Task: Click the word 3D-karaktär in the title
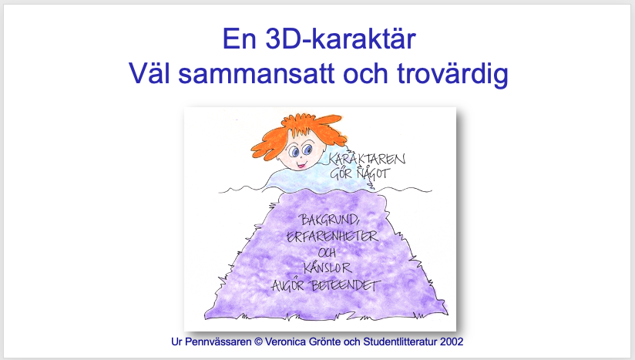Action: coord(341,39)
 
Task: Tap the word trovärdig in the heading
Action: coord(452,74)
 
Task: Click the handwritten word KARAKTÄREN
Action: coord(367,158)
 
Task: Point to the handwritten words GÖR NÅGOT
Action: coord(360,174)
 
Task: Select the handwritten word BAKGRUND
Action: coord(329,220)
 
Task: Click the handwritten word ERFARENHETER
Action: coord(332,236)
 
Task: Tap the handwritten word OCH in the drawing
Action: coord(327,253)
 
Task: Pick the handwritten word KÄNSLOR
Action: coord(328,267)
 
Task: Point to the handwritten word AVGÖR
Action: coord(287,285)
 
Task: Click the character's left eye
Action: coord(294,152)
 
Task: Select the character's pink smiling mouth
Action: coord(301,164)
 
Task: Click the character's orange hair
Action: coord(296,130)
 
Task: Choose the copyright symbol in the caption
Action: coord(258,341)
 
